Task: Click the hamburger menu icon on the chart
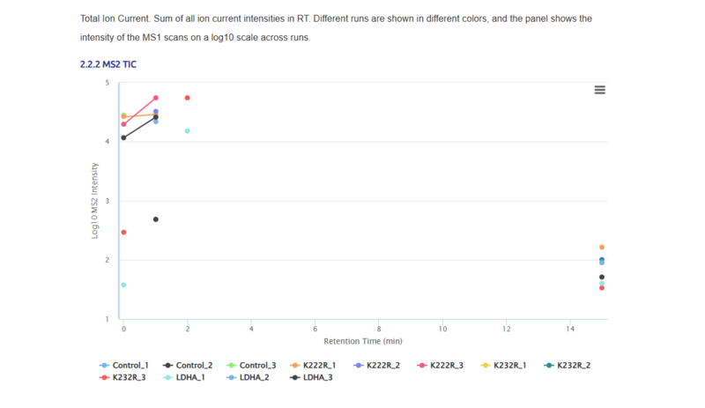[x=599, y=90]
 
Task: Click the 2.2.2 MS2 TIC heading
[x=108, y=64]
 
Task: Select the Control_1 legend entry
[x=123, y=365]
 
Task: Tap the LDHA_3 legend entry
[x=313, y=378]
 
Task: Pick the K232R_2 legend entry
[x=568, y=365]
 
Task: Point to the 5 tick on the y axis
[x=108, y=83]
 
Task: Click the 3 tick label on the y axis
[x=108, y=201]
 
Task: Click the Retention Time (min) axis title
[x=363, y=341]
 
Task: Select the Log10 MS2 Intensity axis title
[x=95, y=201]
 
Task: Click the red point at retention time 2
[x=188, y=98]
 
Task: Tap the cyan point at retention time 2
[x=188, y=131]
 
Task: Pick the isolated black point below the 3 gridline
[x=156, y=219]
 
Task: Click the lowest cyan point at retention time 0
[x=123, y=285]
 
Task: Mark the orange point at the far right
[x=602, y=248]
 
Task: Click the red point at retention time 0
[x=123, y=233]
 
